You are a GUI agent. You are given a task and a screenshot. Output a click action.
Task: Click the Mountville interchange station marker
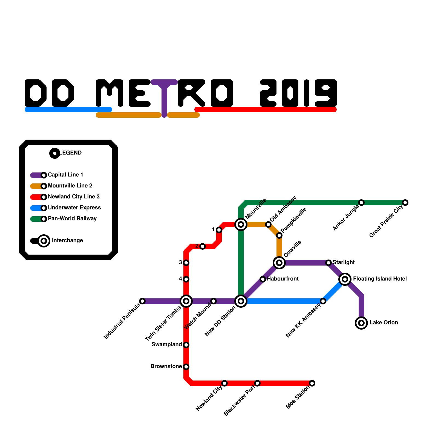point(241,224)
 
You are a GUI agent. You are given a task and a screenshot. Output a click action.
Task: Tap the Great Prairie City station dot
point(405,203)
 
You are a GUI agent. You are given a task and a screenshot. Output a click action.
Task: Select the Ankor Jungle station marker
point(361,203)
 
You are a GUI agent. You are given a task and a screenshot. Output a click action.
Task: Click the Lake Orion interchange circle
point(361,323)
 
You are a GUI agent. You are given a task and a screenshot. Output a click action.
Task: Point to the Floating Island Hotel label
point(380,279)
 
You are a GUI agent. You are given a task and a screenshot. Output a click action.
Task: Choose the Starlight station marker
point(328,263)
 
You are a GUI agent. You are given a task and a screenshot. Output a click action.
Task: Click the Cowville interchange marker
point(279,263)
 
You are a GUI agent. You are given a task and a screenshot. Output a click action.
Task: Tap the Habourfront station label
point(283,279)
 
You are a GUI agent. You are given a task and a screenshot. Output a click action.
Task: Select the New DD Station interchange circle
point(241,301)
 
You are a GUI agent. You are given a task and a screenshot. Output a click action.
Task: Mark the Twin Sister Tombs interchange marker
point(186,301)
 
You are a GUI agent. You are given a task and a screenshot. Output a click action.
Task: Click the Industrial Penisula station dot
point(142,301)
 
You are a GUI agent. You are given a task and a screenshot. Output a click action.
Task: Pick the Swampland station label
point(166,344)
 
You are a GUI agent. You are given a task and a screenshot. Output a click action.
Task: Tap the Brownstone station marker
point(186,367)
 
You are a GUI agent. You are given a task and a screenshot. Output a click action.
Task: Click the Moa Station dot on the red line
point(312,383)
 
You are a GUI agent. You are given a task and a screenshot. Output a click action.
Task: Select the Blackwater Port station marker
point(257,383)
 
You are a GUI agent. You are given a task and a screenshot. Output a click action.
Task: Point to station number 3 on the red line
point(186,263)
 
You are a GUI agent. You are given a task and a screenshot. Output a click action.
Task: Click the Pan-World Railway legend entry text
point(72,219)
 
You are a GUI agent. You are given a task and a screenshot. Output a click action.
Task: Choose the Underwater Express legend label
point(74,208)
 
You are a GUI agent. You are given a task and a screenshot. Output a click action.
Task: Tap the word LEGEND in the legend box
point(71,153)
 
